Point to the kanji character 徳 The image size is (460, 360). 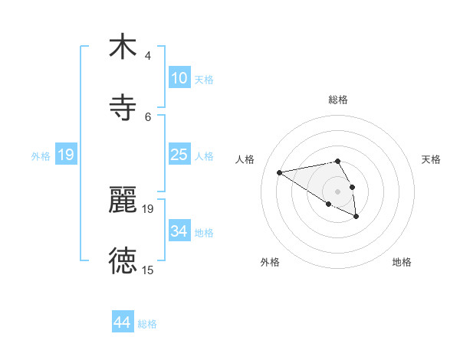[x=123, y=260]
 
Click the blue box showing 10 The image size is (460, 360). [x=179, y=78]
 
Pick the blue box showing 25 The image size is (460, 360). [x=179, y=155]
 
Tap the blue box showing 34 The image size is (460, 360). [x=179, y=231]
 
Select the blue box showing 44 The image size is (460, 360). [x=123, y=323]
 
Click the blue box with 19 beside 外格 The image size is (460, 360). [x=66, y=155]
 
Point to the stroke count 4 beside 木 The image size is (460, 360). [x=148, y=56]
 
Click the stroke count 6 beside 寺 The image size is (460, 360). [x=148, y=116]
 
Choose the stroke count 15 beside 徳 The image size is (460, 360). [x=148, y=270]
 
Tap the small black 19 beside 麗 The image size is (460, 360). [x=148, y=208]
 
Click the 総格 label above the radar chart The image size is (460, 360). [x=338, y=100]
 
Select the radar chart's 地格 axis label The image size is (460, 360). [x=402, y=262]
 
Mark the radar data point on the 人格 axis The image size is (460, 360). [x=280, y=172]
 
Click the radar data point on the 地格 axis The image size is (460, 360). [x=356, y=217]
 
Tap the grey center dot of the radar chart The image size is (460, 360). [x=337, y=191]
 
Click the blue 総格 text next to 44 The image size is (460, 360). [x=147, y=324]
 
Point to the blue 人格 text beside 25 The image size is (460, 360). [x=204, y=155]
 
